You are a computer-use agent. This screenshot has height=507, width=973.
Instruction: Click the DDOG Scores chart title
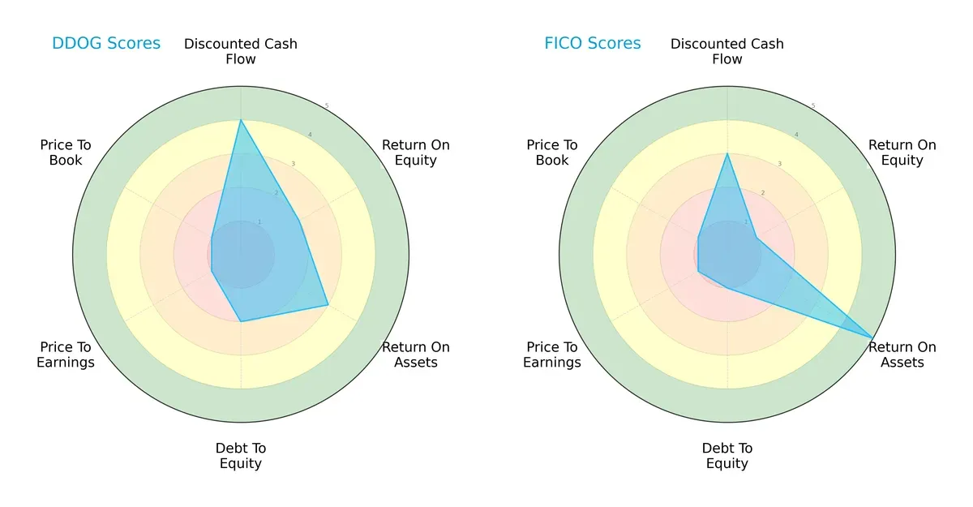pyautogui.click(x=106, y=43)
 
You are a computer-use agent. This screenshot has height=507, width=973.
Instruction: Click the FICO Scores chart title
pyautogui.click(x=593, y=43)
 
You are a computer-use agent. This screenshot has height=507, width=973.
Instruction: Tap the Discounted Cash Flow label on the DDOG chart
pyautogui.click(x=241, y=51)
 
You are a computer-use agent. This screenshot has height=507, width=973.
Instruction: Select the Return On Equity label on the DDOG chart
pyautogui.click(x=416, y=153)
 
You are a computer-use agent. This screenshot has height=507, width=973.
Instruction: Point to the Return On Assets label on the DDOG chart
pyautogui.click(x=416, y=354)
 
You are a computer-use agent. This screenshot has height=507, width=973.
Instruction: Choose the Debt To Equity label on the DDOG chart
pyautogui.click(x=241, y=456)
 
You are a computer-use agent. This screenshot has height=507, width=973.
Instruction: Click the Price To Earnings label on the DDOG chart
pyautogui.click(x=66, y=354)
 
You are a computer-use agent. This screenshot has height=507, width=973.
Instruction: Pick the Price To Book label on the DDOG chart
pyautogui.click(x=66, y=153)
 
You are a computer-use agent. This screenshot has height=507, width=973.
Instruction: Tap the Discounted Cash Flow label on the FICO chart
pyautogui.click(x=727, y=51)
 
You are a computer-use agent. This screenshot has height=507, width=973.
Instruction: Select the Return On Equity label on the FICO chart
pyautogui.click(x=902, y=153)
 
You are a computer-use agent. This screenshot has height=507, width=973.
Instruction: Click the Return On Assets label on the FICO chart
pyautogui.click(x=902, y=354)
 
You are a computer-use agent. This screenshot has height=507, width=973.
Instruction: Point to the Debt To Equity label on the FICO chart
pyautogui.click(x=727, y=456)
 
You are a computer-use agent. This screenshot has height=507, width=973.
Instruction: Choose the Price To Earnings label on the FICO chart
pyautogui.click(x=552, y=354)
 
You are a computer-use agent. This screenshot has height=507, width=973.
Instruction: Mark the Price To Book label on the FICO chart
pyautogui.click(x=552, y=153)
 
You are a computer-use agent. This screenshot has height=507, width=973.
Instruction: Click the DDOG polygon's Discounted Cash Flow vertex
pyautogui.click(x=241, y=120)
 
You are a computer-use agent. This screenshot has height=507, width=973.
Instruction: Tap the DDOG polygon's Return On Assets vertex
pyautogui.click(x=328, y=305)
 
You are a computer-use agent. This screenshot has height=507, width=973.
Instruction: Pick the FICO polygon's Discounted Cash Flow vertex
pyautogui.click(x=727, y=154)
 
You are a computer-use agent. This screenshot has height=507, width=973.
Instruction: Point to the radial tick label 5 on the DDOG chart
pyautogui.click(x=327, y=106)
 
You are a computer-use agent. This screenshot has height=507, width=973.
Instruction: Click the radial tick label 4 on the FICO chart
pyautogui.click(x=796, y=135)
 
